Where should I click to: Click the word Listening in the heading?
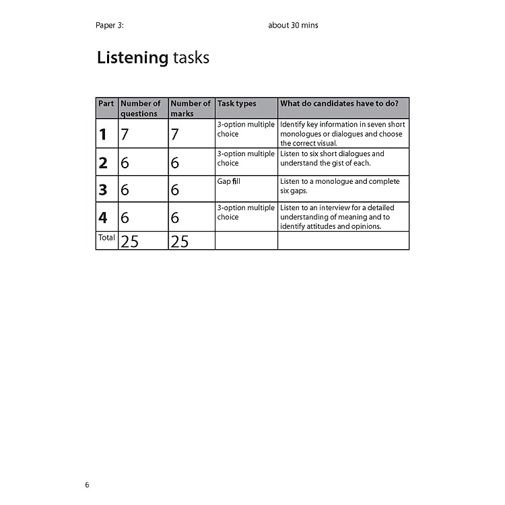[x=132, y=58]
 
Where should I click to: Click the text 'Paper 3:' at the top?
[x=110, y=26]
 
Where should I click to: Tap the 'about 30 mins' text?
[x=293, y=26]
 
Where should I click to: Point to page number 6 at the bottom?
[x=87, y=485]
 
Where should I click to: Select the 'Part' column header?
[x=106, y=104]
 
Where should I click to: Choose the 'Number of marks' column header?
[x=190, y=108]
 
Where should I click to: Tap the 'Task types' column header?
[x=236, y=104]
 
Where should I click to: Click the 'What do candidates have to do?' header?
[x=339, y=104]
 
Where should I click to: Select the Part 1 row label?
[x=103, y=134]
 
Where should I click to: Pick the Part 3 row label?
[x=103, y=190]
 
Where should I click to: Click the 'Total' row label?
[x=106, y=238]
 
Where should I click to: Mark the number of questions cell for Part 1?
[x=125, y=134]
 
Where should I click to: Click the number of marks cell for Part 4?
[x=175, y=217]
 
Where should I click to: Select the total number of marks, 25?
[x=180, y=241]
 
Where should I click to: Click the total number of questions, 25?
[x=129, y=241]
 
